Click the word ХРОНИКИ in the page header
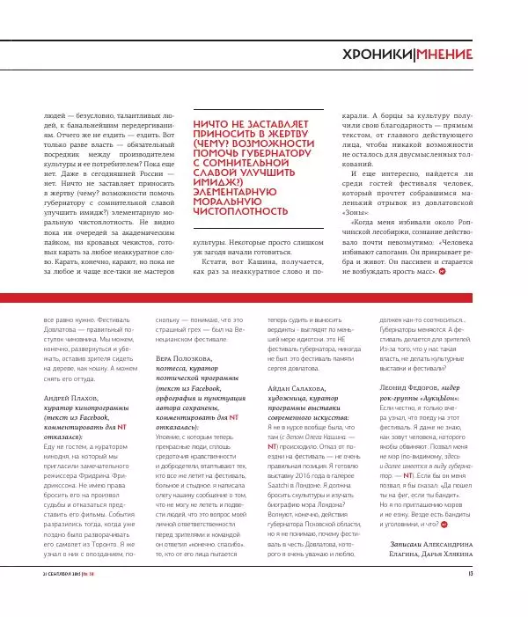click(376, 55)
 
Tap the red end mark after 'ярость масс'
click(442, 246)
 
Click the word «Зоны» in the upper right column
click(357, 212)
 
